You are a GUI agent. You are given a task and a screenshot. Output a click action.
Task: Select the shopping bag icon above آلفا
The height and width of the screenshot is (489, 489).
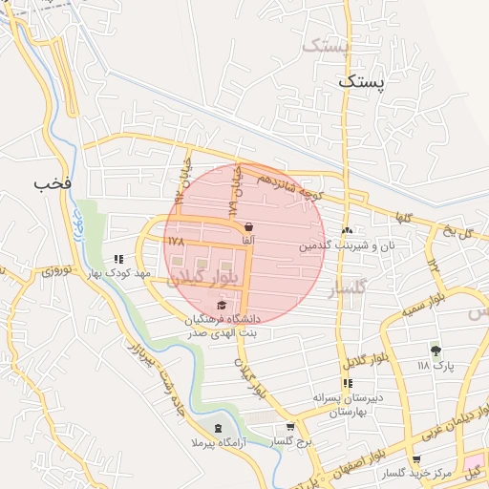[x=249, y=227]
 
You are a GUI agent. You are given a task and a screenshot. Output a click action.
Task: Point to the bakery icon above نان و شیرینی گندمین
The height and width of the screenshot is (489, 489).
[x=347, y=230]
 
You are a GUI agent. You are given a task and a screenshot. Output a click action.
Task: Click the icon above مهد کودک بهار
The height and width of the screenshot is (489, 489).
[x=119, y=258]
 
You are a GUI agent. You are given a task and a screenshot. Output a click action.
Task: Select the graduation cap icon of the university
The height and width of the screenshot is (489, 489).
[x=222, y=305]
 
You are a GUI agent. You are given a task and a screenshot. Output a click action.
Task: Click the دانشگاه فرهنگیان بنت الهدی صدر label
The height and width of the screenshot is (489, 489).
[x=229, y=326]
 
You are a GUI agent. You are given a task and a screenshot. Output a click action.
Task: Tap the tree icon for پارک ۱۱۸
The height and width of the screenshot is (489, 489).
[x=436, y=351]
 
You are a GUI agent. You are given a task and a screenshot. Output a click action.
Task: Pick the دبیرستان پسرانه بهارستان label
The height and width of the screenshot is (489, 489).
[x=351, y=405]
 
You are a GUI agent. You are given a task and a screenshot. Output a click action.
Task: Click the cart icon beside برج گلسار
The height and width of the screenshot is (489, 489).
[x=290, y=427]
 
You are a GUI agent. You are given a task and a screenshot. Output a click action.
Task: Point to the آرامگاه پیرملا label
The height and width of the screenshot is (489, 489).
[x=220, y=443]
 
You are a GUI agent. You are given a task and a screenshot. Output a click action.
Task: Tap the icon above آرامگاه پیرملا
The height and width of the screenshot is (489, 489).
[x=219, y=427]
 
